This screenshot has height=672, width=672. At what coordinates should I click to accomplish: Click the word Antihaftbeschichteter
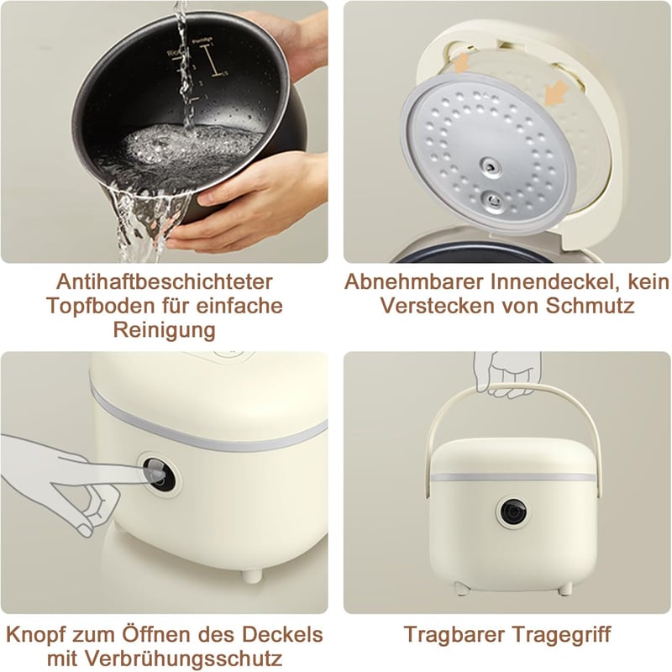[x=164, y=281]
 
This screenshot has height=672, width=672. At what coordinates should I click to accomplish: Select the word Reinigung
[x=164, y=330]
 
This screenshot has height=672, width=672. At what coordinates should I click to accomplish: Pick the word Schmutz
[x=591, y=306]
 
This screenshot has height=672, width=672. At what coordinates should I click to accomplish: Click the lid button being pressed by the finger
[x=159, y=475]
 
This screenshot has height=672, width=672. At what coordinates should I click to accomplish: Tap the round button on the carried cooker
[x=512, y=512]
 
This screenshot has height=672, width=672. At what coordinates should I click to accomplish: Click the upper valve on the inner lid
[x=491, y=165]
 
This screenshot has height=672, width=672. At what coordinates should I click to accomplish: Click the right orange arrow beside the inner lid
[x=556, y=92]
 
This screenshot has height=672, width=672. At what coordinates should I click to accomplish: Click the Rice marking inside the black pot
[x=175, y=53]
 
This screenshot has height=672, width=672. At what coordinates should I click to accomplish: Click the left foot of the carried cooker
[x=461, y=588]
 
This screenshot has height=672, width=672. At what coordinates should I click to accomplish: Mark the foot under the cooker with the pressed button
[x=252, y=575]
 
